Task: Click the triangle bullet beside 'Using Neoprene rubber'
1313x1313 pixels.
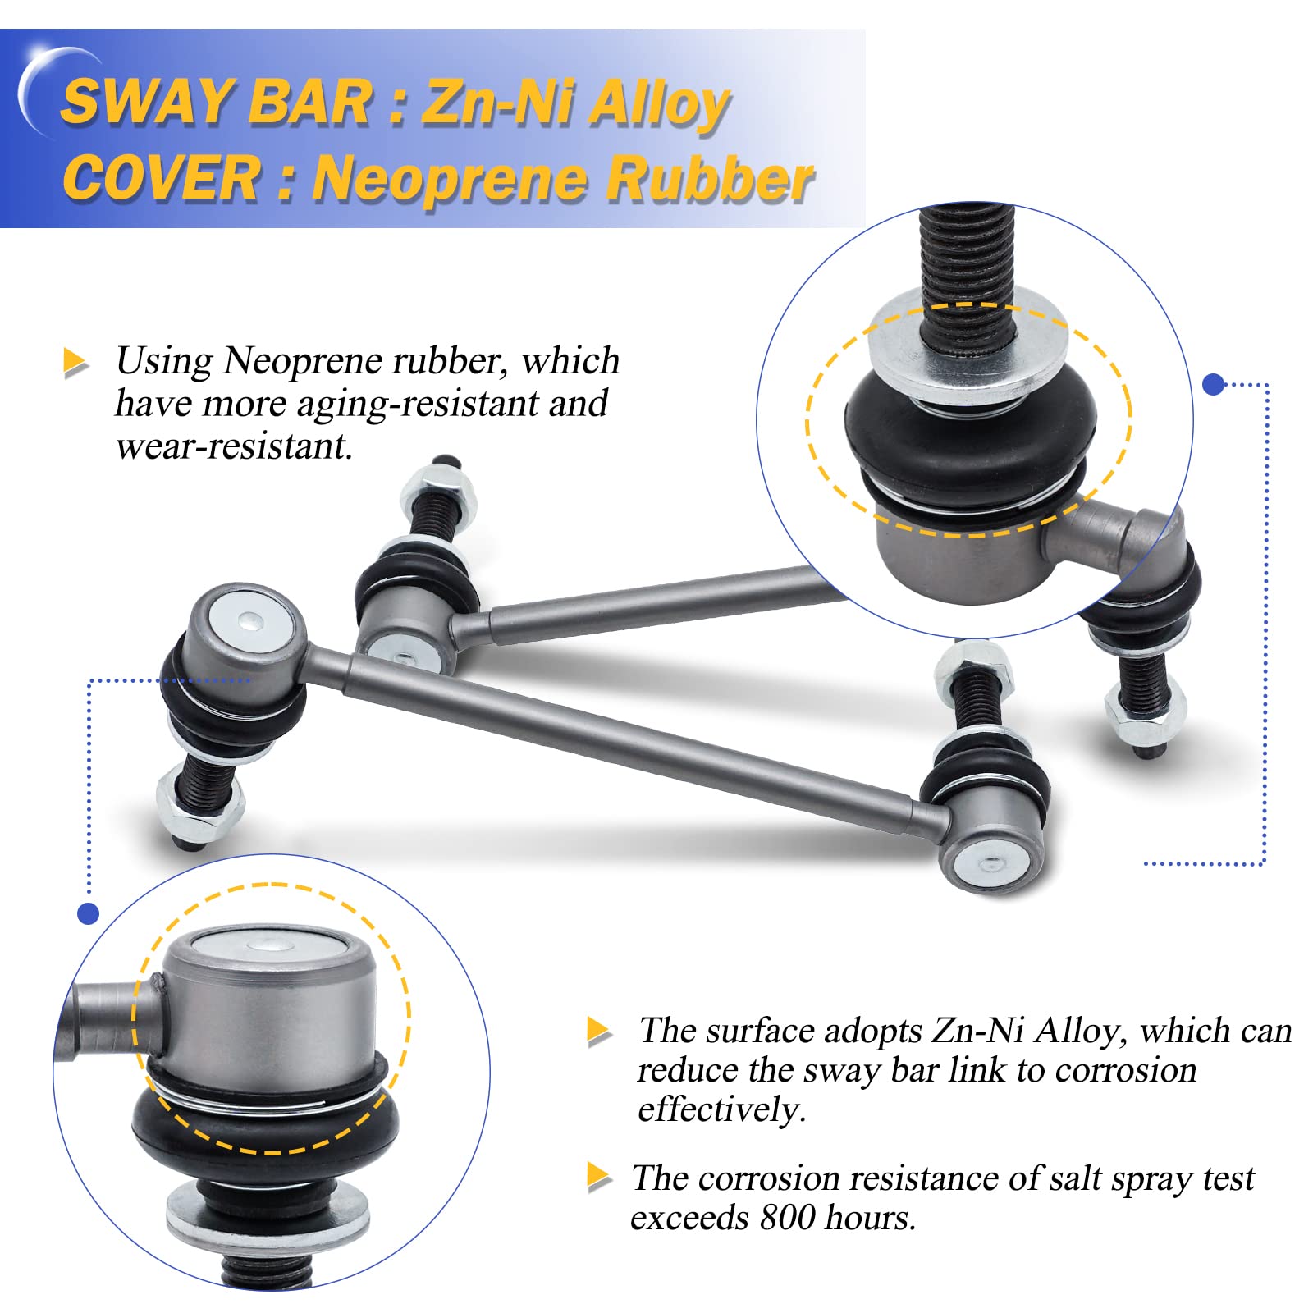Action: pos(75,362)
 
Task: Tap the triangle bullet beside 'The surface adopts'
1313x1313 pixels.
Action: pos(599,1032)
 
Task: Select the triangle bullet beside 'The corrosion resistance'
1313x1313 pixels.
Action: pos(599,1178)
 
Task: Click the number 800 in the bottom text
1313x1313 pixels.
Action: pos(787,1217)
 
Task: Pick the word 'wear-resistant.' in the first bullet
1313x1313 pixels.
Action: pos(234,446)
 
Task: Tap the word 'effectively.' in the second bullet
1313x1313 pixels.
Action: pos(722,1109)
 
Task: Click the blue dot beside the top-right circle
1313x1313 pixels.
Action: pos(1213,383)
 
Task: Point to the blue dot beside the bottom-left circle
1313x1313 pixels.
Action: pos(88,913)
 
